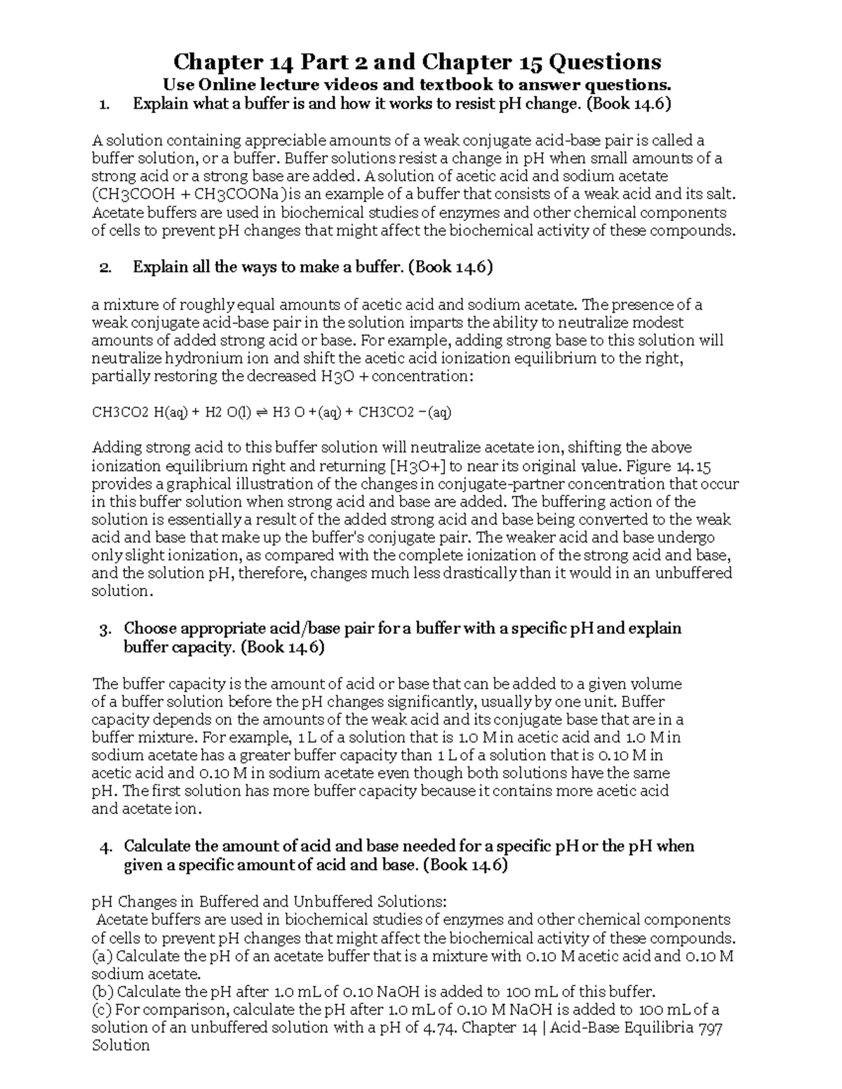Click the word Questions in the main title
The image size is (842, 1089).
tap(604, 62)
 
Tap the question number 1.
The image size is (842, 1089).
tap(105, 105)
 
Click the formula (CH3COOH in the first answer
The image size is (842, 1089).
tap(134, 194)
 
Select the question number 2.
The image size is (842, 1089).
tap(105, 267)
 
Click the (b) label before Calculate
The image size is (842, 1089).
tap(102, 992)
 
